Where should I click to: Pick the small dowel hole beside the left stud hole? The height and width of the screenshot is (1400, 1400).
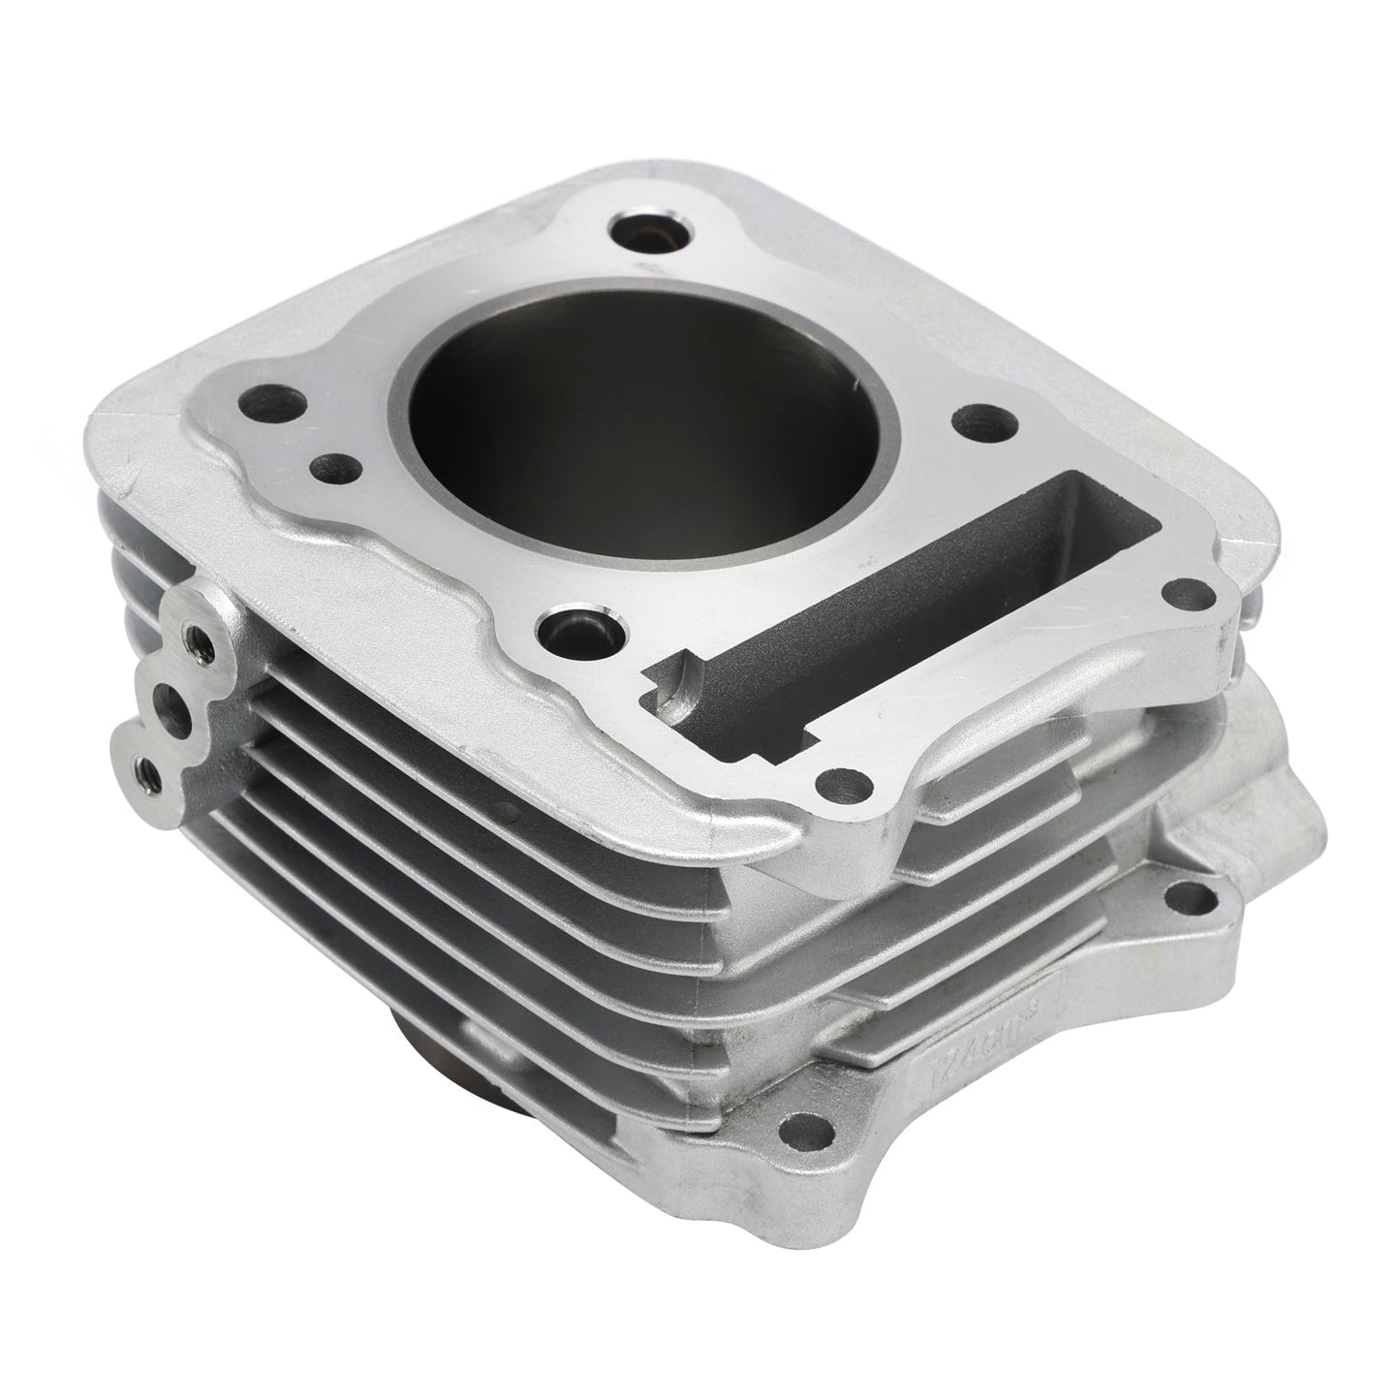point(330,467)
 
